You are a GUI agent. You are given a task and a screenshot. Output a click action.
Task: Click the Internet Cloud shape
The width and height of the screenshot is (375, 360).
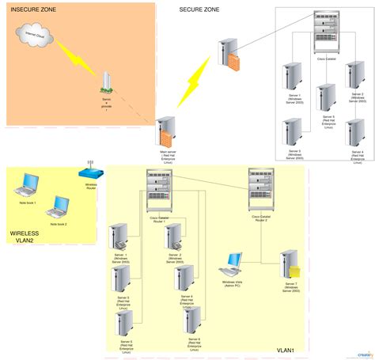(36, 37)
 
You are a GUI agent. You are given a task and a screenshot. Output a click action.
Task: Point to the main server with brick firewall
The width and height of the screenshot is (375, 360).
(166, 131)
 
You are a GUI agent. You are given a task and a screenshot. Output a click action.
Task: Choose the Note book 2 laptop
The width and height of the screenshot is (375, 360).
(58, 208)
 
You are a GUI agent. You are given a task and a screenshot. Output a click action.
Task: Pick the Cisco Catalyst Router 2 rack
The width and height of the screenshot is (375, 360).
(261, 190)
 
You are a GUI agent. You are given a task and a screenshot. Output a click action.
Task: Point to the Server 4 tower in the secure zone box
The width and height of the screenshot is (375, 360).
(356, 132)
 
